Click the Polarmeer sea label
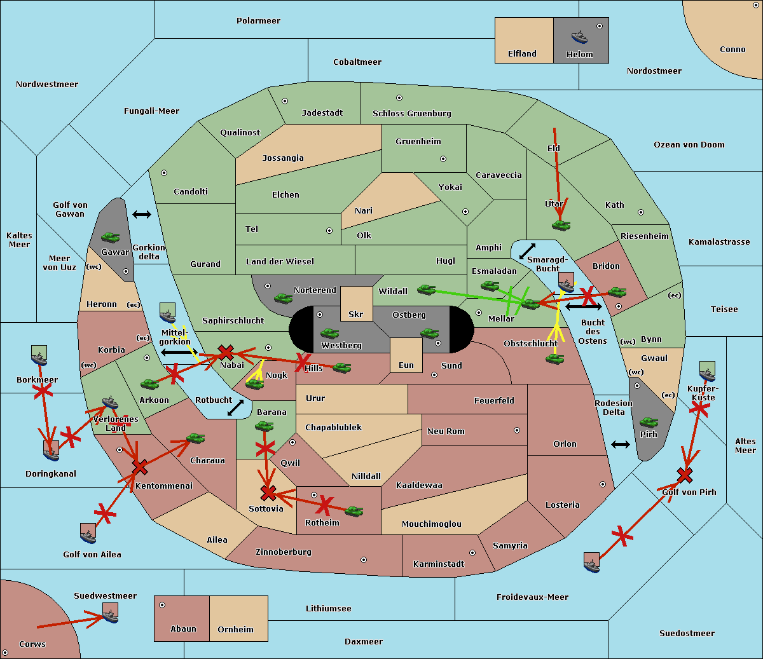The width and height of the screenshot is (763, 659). (258, 21)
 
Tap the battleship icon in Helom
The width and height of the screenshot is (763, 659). (579, 36)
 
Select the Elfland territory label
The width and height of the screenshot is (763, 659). (522, 54)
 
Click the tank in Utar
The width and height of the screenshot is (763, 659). (561, 224)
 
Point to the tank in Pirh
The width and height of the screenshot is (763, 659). (649, 422)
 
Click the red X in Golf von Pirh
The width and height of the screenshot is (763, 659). (685, 475)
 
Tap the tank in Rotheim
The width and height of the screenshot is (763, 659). (354, 511)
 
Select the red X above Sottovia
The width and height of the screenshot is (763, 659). (268, 492)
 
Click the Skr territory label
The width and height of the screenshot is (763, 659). (355, 314)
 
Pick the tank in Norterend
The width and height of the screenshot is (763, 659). (283, 297)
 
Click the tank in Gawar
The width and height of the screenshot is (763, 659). (111, 237)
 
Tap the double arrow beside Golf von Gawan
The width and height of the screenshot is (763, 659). (142, 215)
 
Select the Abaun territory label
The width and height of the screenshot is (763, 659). (183, 629)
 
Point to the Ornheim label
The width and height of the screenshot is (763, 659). (235, 630)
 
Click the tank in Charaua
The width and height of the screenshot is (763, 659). (195, 438)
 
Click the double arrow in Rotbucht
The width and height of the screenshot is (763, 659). (235, 407)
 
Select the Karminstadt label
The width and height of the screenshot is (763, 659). (439, 564)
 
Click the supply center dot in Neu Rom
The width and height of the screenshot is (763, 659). (517, 430)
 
